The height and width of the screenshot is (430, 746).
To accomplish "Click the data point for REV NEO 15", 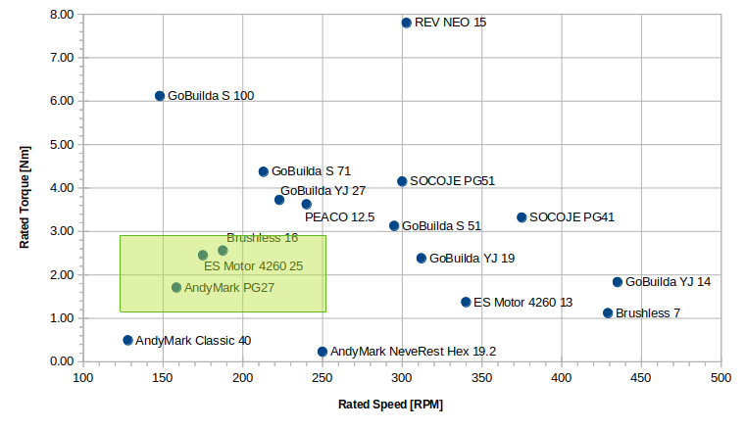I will tap(406, 23).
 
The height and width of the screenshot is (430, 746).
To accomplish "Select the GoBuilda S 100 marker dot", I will tap(160, 96).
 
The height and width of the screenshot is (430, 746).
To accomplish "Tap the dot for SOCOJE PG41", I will tap(522, 217).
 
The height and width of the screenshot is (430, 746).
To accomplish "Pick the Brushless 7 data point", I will tap(608, 313).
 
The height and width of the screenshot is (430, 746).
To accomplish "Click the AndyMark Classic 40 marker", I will tap(127, 341).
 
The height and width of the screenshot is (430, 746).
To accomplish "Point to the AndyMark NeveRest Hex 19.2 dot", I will tap(323, 352).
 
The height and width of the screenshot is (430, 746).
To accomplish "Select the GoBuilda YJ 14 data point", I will tap(618, 282).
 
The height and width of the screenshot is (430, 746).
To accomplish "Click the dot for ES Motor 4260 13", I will tap(466, 303).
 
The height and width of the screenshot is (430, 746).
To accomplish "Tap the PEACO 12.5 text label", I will tap(339, 217).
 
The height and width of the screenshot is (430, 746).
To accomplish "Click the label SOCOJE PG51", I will tap(452, 181).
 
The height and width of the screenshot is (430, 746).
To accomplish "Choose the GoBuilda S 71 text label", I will tap(311, 171).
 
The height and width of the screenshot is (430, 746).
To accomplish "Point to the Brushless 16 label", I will tap(262, 238).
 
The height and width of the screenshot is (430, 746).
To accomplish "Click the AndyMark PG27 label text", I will tap(229, 288).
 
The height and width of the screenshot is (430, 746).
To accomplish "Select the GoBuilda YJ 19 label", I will tap(472, 259).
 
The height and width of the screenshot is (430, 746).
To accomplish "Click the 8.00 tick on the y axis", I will tap(61, 15).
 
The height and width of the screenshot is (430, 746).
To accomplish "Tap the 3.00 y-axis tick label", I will tap(61, 231).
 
